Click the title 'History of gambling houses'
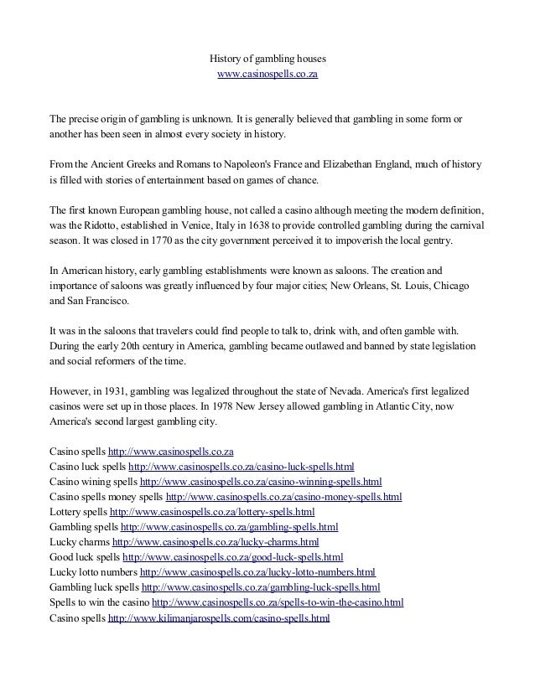point(267,59)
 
